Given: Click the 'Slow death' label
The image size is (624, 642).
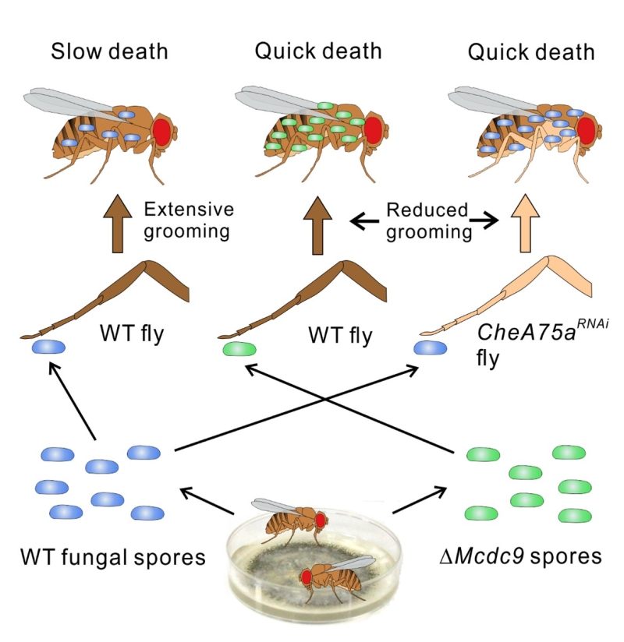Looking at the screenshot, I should point(111,53).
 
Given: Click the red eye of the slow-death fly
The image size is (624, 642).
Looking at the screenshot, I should point(162,130).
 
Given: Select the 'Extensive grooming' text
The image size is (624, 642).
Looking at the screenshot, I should point(189,220).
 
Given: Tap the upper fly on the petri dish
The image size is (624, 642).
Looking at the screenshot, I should point(293,520).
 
